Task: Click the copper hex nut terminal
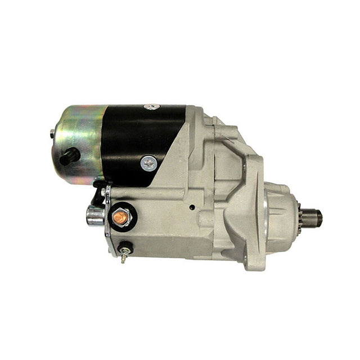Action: point(119,215)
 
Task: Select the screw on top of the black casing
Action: point(151,107)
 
